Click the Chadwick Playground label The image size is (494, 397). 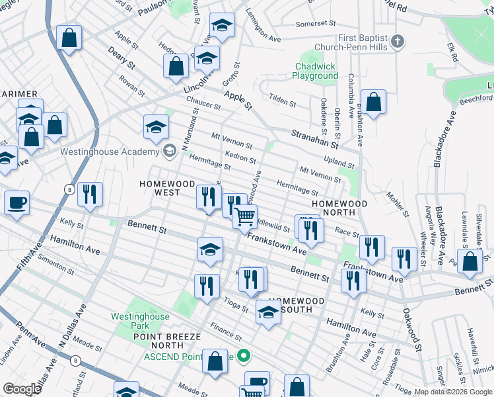[x=315, y=71]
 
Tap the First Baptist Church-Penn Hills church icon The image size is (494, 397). [x=397, y=42]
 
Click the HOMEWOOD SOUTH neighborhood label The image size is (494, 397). [x=297, y=305]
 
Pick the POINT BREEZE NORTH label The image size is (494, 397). [x=166, y=341]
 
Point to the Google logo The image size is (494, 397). [x=22, y=388]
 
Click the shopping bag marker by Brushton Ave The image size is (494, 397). [x=373, y=103]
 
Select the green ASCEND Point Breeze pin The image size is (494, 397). [x=243, y=357]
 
